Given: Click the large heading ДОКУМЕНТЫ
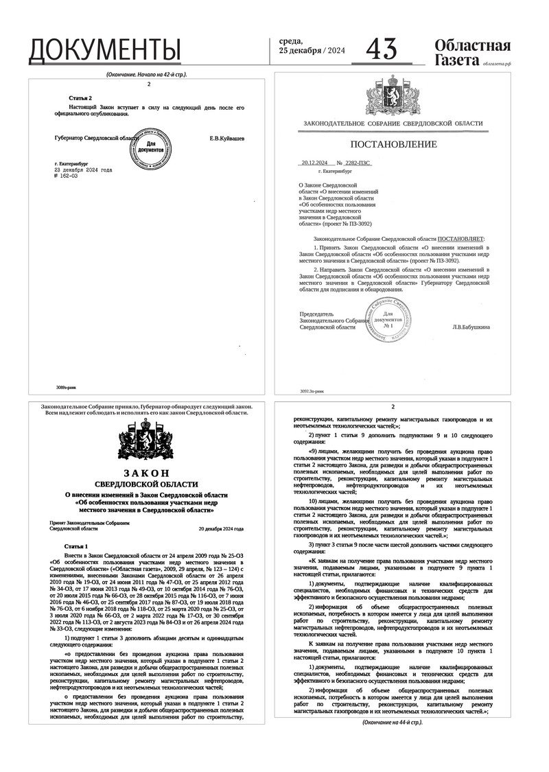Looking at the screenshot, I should pyautogui.click(x=104, y=50).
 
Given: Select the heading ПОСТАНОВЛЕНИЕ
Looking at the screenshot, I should pyautogui.click(x=393, y=144).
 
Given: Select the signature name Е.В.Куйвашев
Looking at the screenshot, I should pyautogui.click(x=226, y=138).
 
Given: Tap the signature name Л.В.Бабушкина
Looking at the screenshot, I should pyautogui.click(x=471, y=327).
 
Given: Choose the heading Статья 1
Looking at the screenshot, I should pyautogui.click(x=76, y=545).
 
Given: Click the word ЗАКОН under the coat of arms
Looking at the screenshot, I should pyautogui.click(x=145, y=473).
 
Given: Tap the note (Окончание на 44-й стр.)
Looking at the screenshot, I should pyautogui.click(x=393, y=723).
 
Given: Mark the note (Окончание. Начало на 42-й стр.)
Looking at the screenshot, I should pyautogui.click(x=147, y=73).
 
